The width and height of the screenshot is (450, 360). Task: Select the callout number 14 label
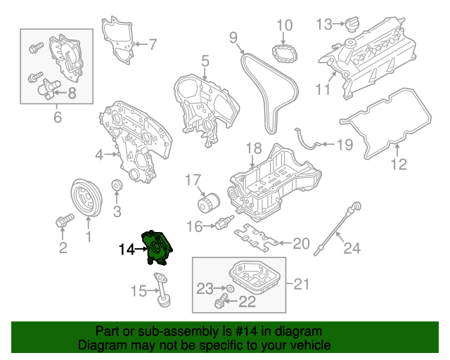click(x=127, y=249)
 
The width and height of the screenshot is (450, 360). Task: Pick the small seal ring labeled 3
click(x=117, y=186)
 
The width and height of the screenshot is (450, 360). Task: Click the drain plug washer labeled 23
click(x=230, y=289)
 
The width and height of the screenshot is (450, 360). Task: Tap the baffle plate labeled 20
click(x=254, y=236)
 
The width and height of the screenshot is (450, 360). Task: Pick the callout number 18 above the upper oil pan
click(x=253, y=148)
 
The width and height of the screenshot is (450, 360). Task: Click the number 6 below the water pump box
click(x=58, y=117)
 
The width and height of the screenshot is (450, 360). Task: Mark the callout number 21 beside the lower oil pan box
click(x=301, y=284)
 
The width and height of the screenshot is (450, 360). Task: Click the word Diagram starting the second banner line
click(x=98, y=345)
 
